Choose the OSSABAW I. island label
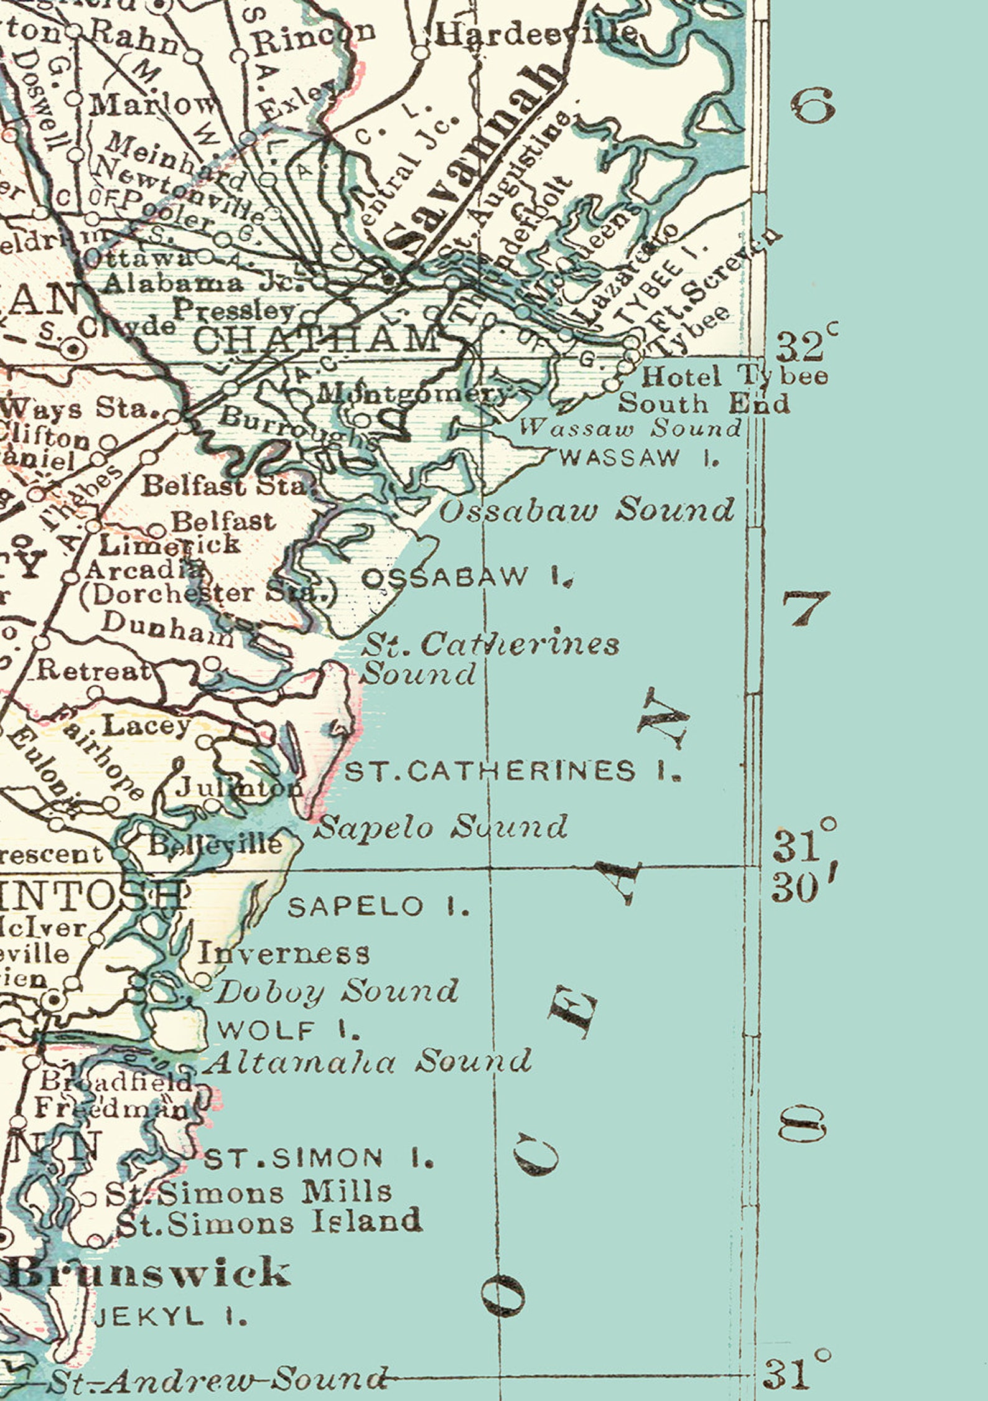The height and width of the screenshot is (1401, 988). (x=467, y=578)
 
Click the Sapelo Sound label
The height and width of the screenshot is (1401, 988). (x=442, y=827)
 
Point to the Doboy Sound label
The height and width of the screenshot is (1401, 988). (x=336, y=991)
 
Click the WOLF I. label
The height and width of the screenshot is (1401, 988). (x=289, y=1031)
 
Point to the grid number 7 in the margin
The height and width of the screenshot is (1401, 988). (x=806, y=607)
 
